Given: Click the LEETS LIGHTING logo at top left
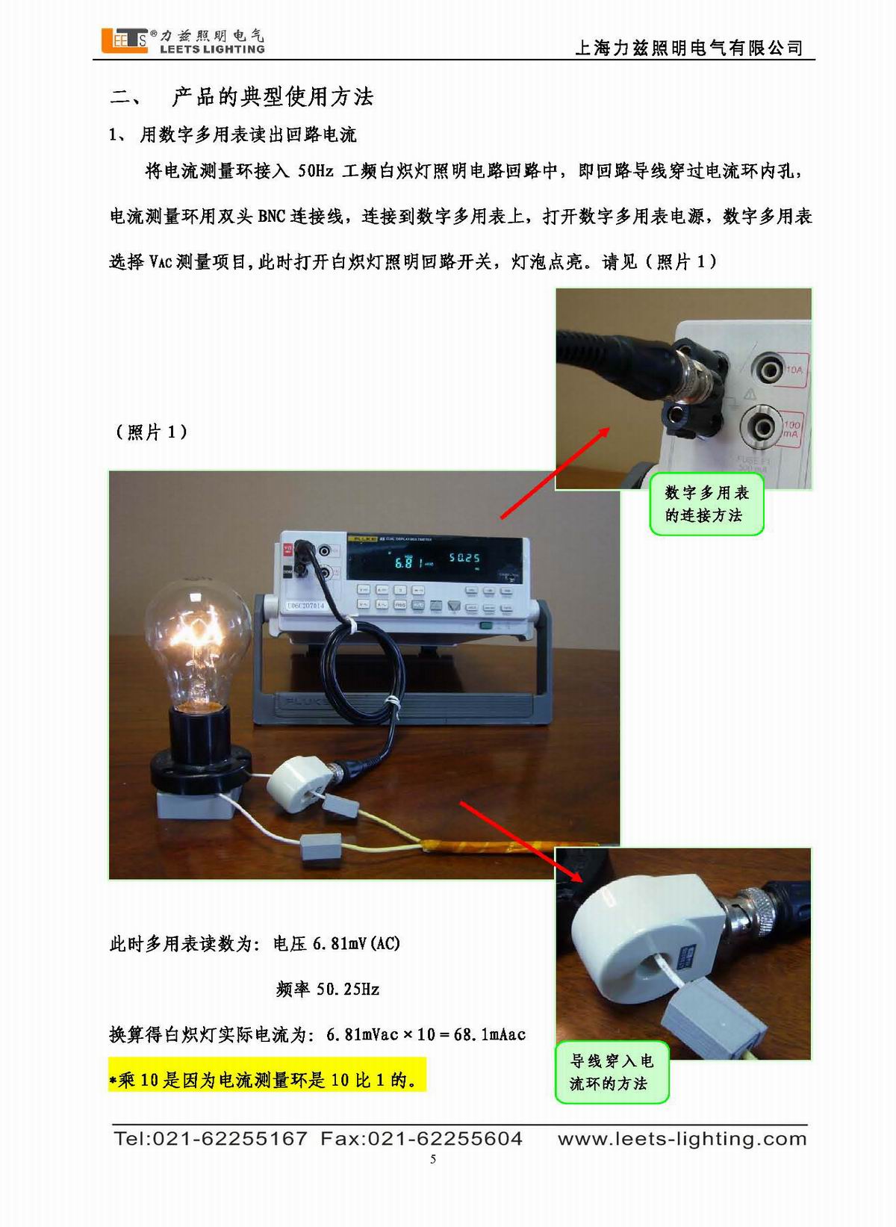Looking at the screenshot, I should point(183,40).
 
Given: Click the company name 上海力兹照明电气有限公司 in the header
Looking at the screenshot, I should point(688,48).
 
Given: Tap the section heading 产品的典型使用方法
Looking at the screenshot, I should point(273,96).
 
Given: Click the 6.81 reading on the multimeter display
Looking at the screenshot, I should point(405,562).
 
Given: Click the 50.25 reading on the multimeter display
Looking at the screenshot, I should point(464,558).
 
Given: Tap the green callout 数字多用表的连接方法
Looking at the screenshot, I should point(706,504).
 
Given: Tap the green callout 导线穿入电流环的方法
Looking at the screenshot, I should point(612,1072).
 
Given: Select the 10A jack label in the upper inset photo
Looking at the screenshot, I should point(793,369).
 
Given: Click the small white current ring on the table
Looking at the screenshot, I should point(296,781).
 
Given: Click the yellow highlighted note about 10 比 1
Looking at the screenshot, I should point(267,1079).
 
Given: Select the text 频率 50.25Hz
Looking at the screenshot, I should point(327,990).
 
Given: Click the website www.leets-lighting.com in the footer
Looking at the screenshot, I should point(682,1138).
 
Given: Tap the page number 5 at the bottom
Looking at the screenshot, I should point(433,1159).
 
